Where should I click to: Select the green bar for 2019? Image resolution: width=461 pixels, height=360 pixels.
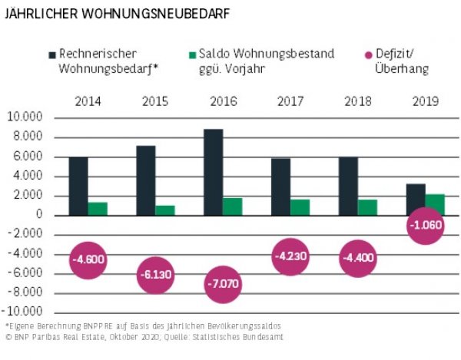tap(434, 204)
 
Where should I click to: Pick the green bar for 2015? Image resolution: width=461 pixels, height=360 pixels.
tap(165, 210)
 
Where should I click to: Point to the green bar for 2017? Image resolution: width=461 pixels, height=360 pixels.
tap(300, 207)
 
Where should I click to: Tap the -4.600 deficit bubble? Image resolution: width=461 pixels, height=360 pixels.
tap(88, 260)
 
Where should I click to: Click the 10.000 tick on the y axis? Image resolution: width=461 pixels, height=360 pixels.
tap(26, 117)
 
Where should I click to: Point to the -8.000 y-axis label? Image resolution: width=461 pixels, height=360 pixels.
tap(26, 292)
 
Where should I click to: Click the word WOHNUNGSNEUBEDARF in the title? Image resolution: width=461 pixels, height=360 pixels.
tap(146, 14)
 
